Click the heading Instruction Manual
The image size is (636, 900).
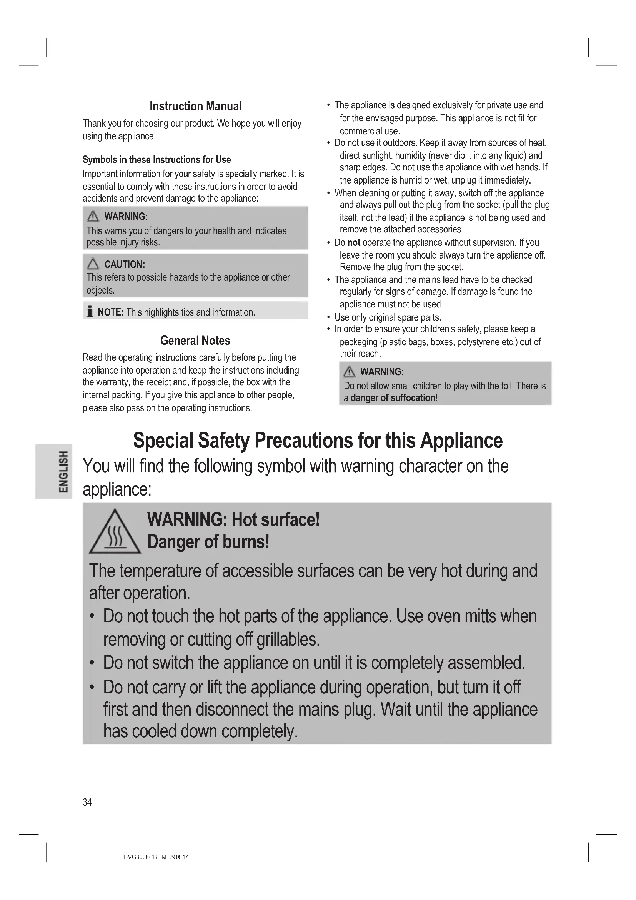tap(195, 106)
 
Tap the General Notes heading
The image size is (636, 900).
tap(195, 340)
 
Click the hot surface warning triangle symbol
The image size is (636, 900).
tap(115, 532)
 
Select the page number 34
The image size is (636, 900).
tap(87, 802)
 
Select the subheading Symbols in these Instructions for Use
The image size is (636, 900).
tap(157, 160)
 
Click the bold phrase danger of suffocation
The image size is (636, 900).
tap(393, 398)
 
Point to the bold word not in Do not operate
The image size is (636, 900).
tap(354, 243)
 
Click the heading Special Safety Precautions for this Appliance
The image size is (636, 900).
tap(318, 441)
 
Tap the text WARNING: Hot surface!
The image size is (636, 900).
tap(233, 520)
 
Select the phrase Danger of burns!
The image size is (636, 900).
tap(208, 542)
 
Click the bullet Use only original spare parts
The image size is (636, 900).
tap(388, 317)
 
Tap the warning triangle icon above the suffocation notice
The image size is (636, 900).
tap(349, 371)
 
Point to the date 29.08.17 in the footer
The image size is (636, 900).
tap(179, 857)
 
